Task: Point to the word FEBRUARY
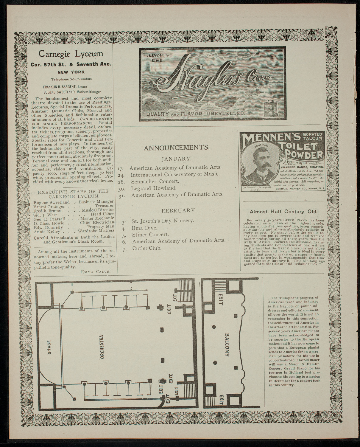[178, 210]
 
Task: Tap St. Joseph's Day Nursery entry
[163, 221]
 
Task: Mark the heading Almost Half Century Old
[283, 212]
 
